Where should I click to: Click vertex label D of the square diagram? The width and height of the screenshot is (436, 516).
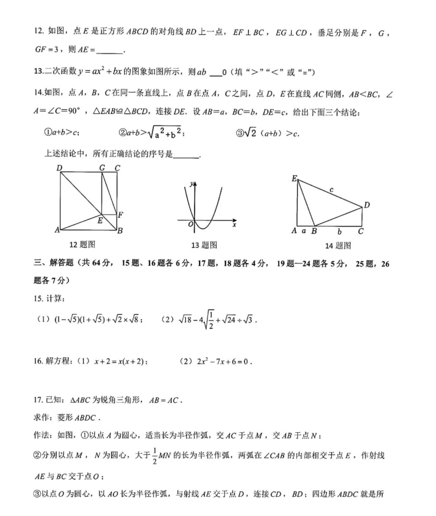(x=59, y=168)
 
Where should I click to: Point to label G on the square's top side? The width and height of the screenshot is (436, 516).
(x=102, y=168)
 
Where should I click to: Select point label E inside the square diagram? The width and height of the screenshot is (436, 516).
(x=100, y=220)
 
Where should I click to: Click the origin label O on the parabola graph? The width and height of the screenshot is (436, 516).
(x=190, y=223)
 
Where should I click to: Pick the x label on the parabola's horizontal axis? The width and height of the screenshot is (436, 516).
(x=234, y=224)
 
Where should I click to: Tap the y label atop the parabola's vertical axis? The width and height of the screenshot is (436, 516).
(x=191, y=184)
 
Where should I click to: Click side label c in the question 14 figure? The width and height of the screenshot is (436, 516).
(x=331, y=190)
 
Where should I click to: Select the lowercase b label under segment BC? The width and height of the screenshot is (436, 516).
(x=339, y=232)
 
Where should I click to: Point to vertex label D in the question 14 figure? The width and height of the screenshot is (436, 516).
(x=367, y=205)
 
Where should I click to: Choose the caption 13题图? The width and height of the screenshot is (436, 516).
(x=204, y=245)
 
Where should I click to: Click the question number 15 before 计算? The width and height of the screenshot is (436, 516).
(x=38, y=298)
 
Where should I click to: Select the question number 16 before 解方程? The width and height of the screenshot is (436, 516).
(x=38, y=361)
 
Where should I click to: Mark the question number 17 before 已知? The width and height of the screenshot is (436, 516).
(x=38, y=400)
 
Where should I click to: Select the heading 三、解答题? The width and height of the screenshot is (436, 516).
(x=58, y=264)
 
